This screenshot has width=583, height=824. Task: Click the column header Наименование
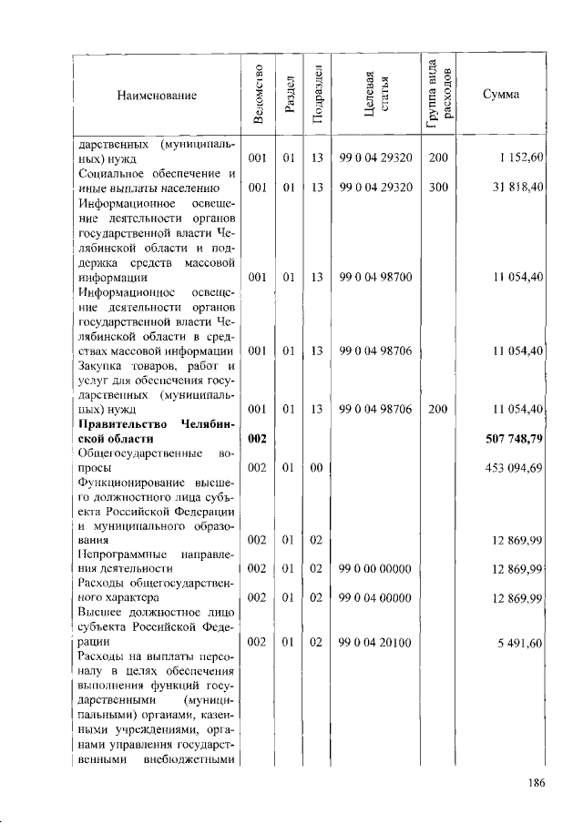tap(156, 94)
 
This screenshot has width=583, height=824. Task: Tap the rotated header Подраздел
tap(317, 94)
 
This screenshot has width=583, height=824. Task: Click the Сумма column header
tap(501, 94)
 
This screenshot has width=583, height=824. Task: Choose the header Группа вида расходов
tap(439, 92)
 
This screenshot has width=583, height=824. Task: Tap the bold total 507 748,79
tap(515, 439)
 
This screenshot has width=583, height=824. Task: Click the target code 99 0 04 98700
tap(376, 276)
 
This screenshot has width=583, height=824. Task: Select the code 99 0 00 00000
tap(376, 569)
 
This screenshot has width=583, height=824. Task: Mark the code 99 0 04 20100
tap(376, 643)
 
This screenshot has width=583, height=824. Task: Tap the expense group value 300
tap(438, 188)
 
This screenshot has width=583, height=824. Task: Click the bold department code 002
tap(257, 439)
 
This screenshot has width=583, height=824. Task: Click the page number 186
tap(536, 782)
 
